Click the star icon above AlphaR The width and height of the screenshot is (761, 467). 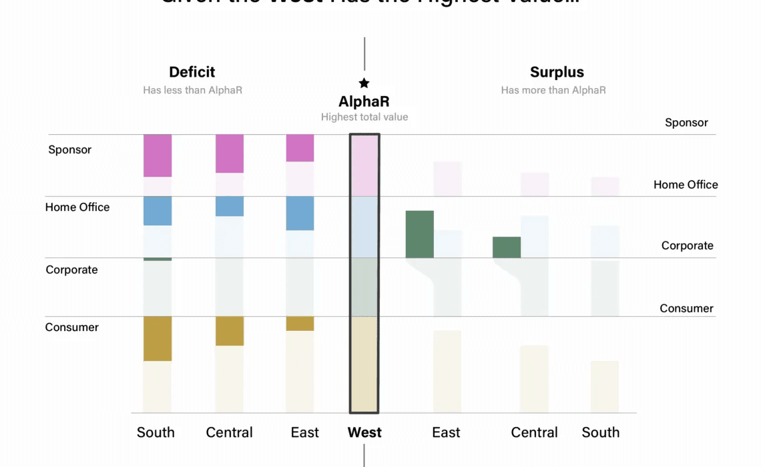pos(364,83)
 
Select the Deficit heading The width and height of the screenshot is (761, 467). pos(192,72)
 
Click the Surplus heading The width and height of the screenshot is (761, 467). pos(557,72)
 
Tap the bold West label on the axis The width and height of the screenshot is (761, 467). pos(364,432)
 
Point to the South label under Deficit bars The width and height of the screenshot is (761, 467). pos(156,432)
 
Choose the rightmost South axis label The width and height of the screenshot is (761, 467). pos(600,432)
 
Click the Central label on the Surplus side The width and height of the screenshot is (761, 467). pos(534,432)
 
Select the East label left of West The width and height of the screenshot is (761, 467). pos(305,432)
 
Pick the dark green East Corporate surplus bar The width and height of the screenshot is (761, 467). pos(420,234)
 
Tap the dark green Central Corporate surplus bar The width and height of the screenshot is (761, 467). pos(507,247)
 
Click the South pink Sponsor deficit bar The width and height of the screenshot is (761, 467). pos(158,155)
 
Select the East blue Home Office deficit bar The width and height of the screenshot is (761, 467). pos(300,213)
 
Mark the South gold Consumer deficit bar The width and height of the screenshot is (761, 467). pos(158,338)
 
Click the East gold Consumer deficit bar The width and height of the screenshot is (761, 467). pos(300,324)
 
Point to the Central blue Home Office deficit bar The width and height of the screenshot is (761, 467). pos(229,206)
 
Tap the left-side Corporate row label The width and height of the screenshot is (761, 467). pos(71,270)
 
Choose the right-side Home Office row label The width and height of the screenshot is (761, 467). pos(686,185)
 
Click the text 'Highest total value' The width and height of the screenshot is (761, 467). pos(364,117)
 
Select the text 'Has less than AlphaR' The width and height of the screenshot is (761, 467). pos(192,89)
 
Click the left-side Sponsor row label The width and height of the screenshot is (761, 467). pos(69,149)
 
